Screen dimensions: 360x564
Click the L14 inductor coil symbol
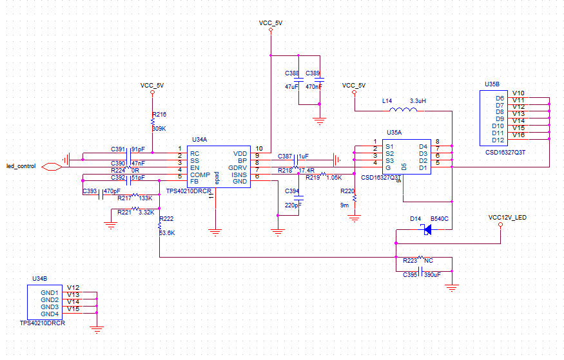(x=405, y=110)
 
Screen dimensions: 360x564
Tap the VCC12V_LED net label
(x=507, y=218)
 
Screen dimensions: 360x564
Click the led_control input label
(x=21, y=166)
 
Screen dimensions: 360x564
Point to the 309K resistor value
(x=159, y=128)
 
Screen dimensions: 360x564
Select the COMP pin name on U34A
(x=199, y=175)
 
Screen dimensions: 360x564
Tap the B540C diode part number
(x=439, y=219)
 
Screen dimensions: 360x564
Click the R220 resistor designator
(x=347, y=191)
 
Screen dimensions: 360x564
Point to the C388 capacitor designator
(x=292, y=73)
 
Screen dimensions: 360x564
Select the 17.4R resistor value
(x=306, y=171)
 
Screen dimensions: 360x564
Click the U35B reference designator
(x=492, y=84)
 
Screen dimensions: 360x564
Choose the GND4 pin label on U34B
(x=50, y=314)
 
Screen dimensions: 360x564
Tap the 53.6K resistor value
(x=166, y=232)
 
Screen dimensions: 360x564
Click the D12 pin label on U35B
(x=497, y=140)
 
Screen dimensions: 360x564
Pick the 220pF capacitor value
(x=293, y=205)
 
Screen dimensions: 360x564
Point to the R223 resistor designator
(x=409, y=261)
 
